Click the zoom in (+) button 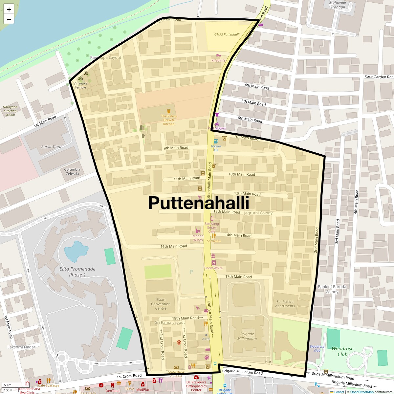[9, 10]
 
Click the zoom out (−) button [9, 19]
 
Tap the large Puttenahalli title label [199, 203]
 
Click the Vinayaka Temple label [80, 85]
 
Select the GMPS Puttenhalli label [227, 34]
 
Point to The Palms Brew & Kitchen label [169, 120]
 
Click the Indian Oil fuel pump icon [216, 141]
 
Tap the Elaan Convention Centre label [161, 304]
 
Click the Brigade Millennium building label [247, 336]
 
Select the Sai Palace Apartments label [285, 304]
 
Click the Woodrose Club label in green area [342, 351]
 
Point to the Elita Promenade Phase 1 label [77, 272]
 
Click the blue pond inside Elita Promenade [76, 251]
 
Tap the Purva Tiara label [51, 147]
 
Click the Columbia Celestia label [72, 171]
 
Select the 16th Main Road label [174, 246]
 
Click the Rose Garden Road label [379, 77]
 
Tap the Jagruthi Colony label [258, 213]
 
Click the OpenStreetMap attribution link [361, 392]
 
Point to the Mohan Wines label [198, 238]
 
